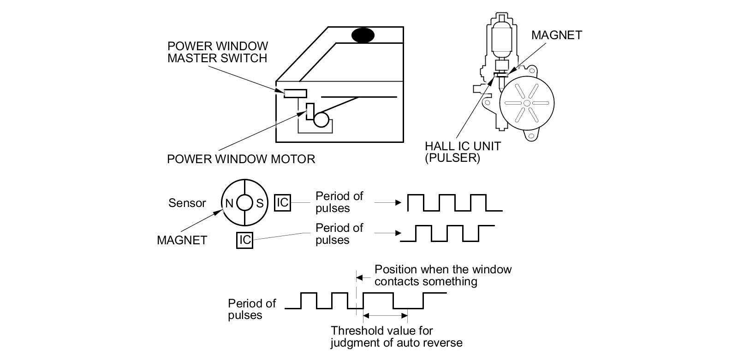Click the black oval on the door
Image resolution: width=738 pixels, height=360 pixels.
tap(363, 35)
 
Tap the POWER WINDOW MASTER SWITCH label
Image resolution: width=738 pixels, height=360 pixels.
tap(217, 52)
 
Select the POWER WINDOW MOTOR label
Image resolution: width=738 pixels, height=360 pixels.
tap(241, 159)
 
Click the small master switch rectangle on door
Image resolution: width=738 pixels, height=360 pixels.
tap(295, 93)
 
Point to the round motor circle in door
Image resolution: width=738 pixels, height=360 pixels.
tap(321, 120)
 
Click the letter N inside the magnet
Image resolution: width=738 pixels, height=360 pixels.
tap(229, 203)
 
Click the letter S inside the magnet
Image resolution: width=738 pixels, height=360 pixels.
tap(260, 203)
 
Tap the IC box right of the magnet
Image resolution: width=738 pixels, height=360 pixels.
tap(282, 202)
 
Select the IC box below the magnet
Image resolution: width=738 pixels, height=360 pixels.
tap(244, 240)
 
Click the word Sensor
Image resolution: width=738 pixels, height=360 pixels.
tap(187, 203)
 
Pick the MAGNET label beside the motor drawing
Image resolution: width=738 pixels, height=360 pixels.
tap(556, 35)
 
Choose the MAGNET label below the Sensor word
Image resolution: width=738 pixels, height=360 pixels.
tap(182, 240)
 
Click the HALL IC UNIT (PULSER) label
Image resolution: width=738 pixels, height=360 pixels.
tap(463, 152)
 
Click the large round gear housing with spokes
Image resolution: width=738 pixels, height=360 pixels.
tap(527, 102)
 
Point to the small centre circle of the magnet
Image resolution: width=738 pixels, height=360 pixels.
tap(244, 203)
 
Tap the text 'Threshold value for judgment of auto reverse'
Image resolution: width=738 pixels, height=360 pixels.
tap(396, 336)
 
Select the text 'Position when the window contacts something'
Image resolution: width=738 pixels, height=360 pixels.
tap(443, 275)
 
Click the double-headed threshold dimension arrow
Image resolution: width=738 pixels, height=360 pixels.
tap(386, 316)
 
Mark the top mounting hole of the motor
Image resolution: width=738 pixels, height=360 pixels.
tap(534, 71)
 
